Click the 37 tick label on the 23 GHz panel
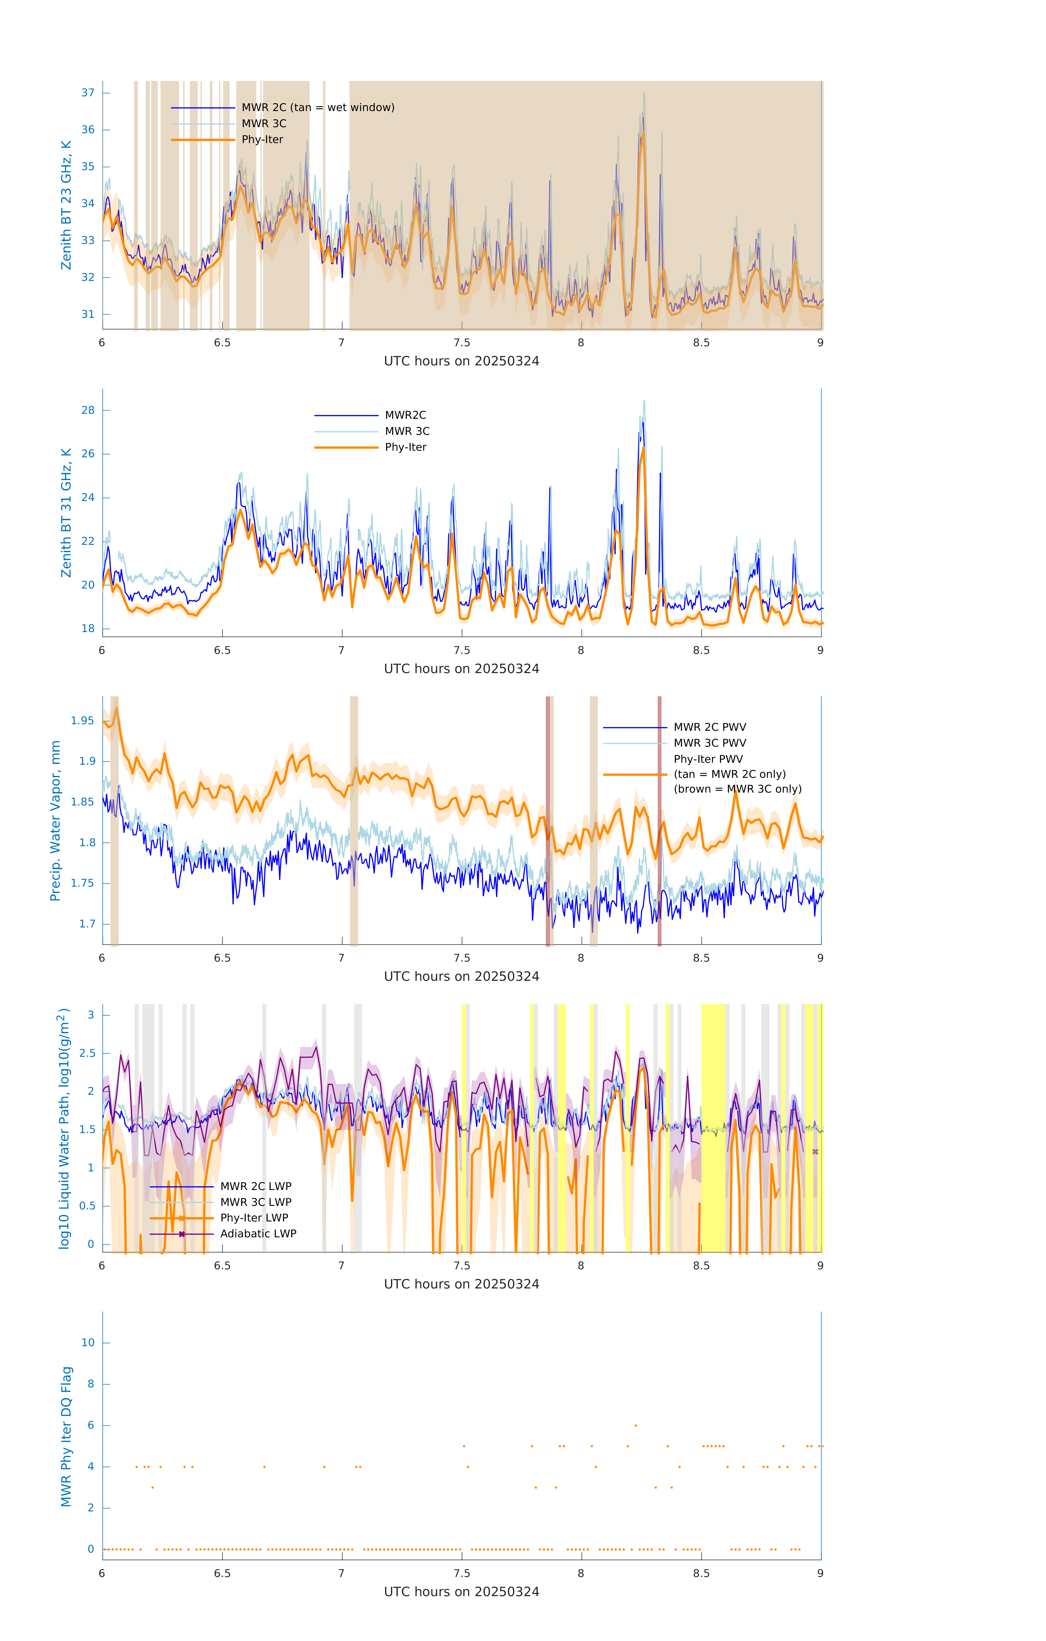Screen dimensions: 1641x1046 [88, 93]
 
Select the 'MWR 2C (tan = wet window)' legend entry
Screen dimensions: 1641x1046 [317, 108]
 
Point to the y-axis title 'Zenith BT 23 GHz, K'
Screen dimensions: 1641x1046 [66, 205]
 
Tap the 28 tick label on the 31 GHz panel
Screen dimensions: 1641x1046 [88, 410]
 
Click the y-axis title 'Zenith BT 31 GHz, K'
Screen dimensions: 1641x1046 [66, 513]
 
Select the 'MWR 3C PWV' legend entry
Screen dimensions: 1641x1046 [709, 743]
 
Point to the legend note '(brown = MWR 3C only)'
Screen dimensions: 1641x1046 [737, 789]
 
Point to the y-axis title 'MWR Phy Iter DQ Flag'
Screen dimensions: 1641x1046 [66, 1436]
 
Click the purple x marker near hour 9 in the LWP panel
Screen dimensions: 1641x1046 [815, 1152]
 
